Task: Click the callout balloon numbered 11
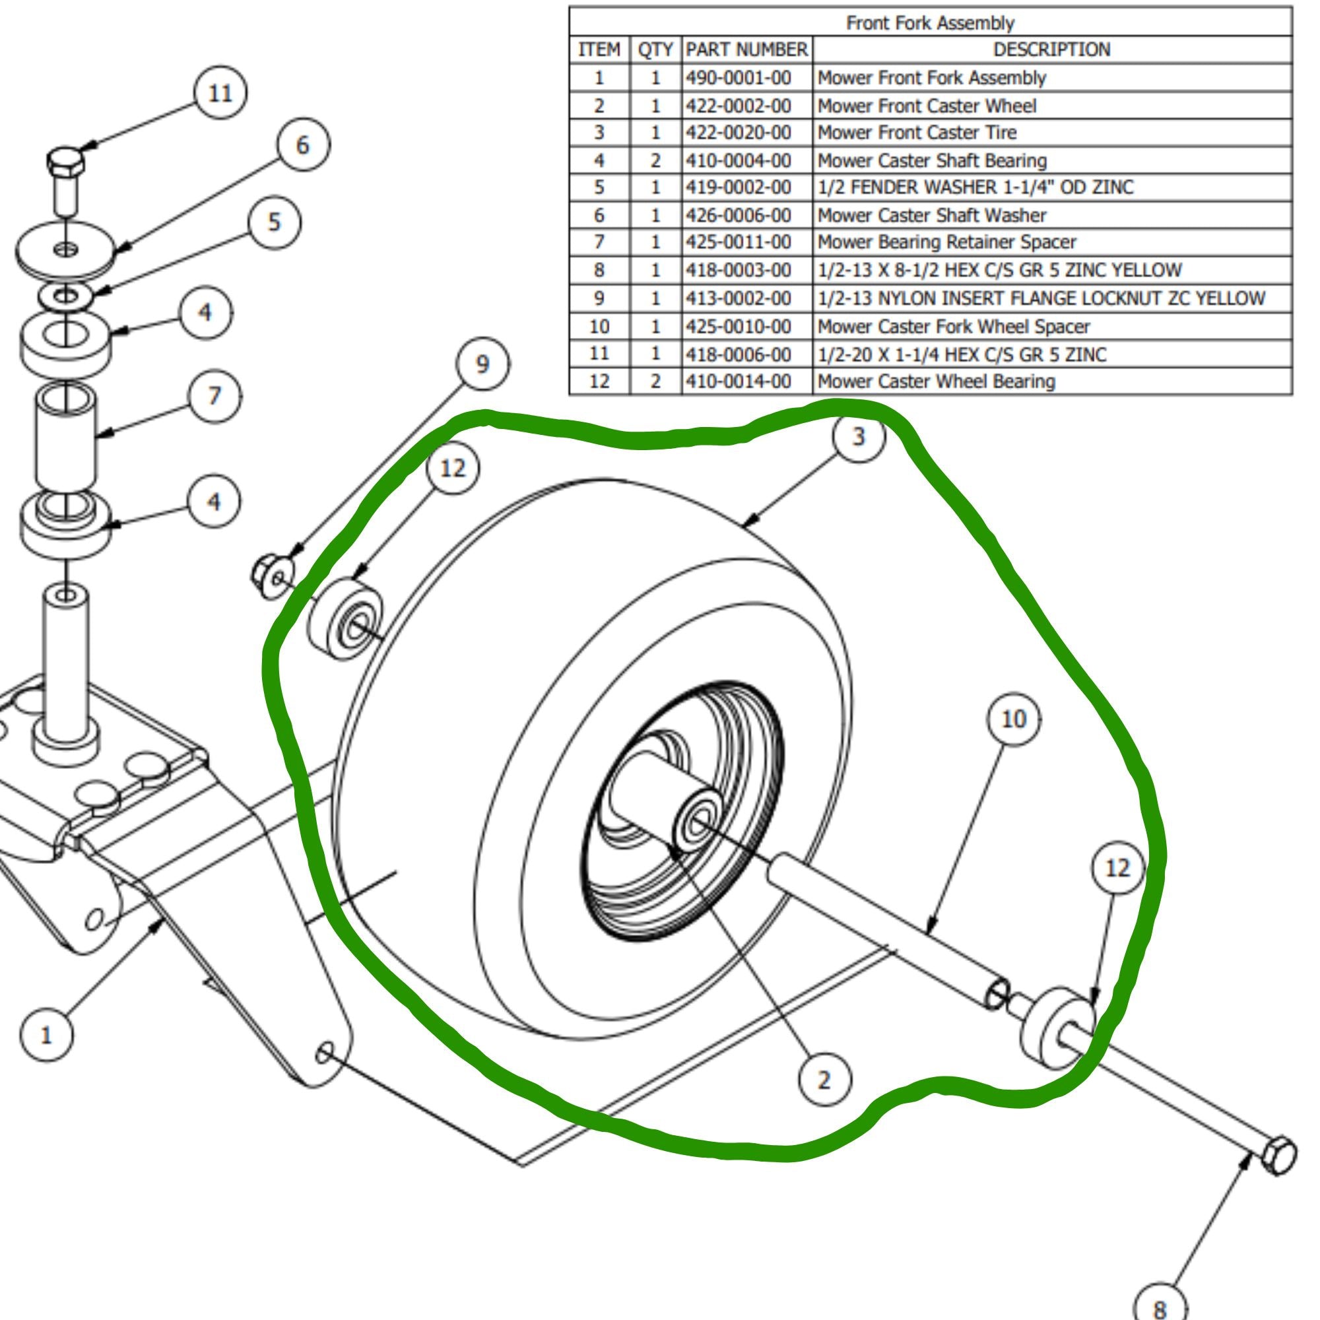[219, 93]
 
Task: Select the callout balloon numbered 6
[302, 145]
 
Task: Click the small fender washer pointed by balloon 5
[65, 296]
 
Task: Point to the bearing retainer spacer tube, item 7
[65, 438]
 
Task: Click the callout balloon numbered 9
[482, 364]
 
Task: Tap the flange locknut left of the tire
[272, 576]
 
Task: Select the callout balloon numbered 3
[859, 436]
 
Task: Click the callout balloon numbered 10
[1013, 719]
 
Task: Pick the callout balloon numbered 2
[824, 1080]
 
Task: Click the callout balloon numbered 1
[46, 1036]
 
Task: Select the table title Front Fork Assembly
[930, 22]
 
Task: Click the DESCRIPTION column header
[1051, 49]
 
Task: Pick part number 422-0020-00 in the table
[738, 132]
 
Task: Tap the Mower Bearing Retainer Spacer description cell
[946, 242]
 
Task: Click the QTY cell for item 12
[655, 381]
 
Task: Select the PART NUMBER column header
[746, 49]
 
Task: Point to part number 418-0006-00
[738, 354]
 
